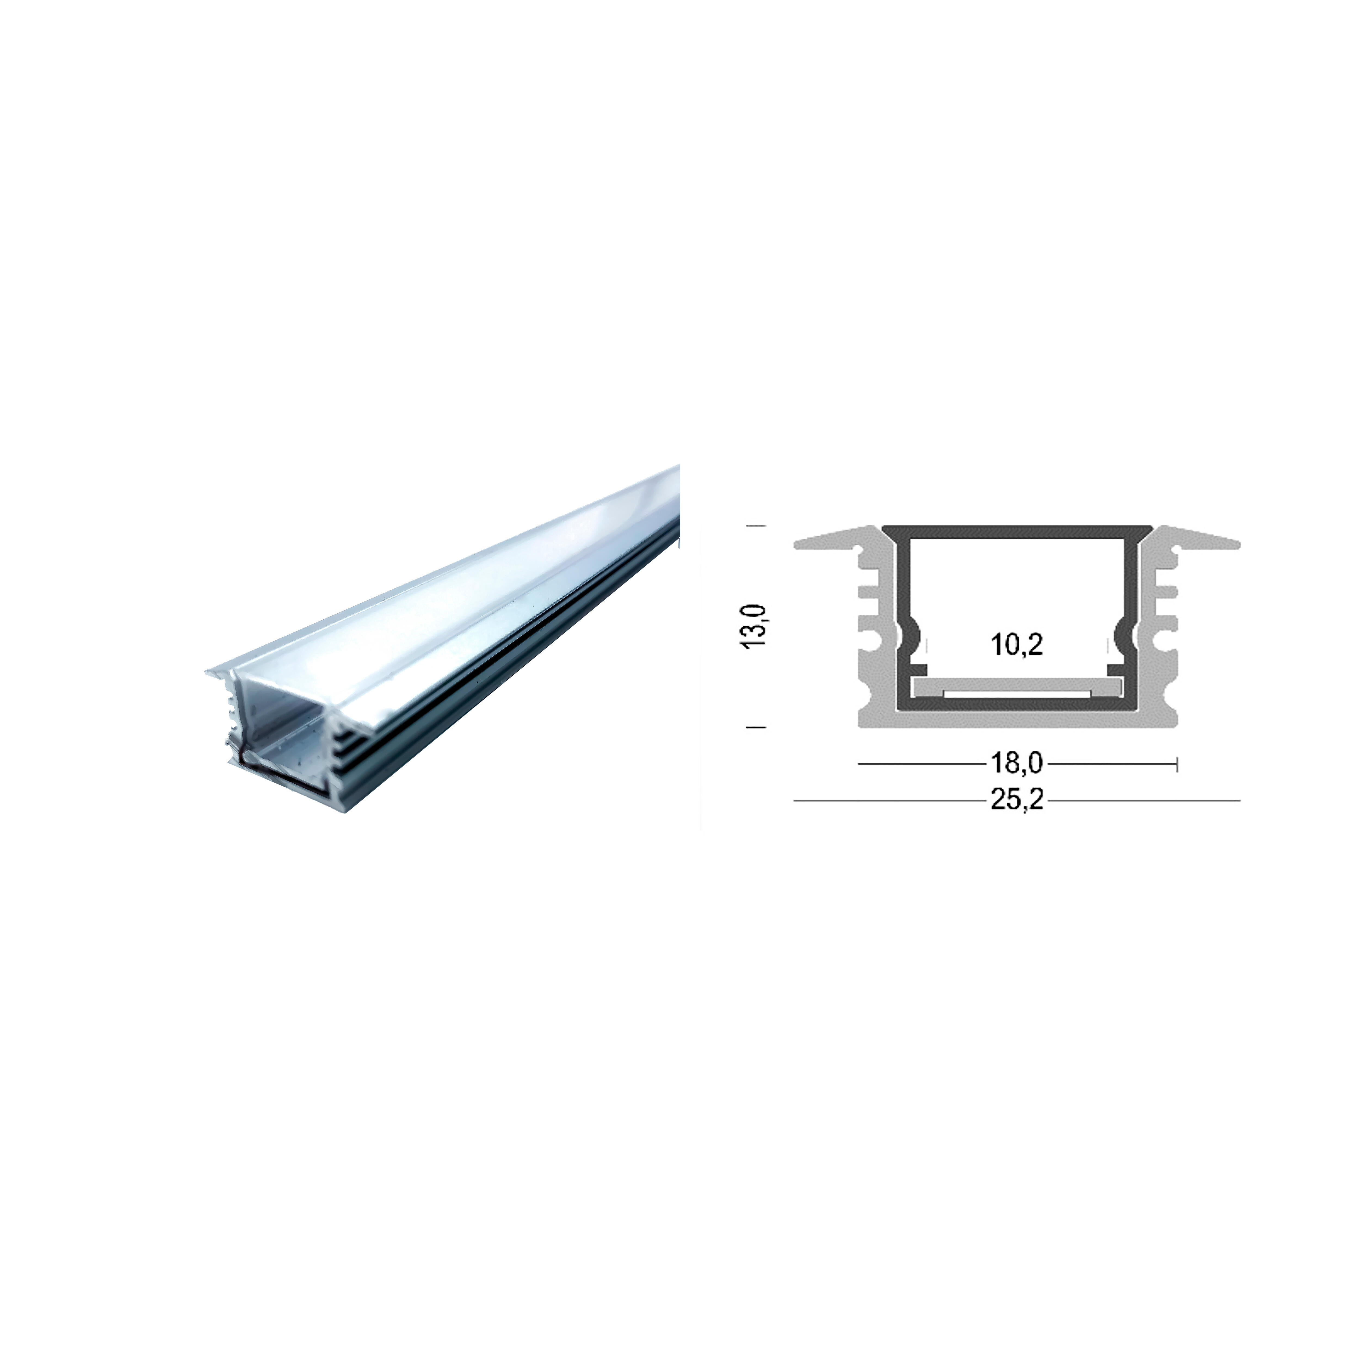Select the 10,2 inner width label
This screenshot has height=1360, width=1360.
pyautogui.click(x=1016, y=644)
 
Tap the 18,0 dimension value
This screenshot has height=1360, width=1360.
pyautogui.click(x=1016, y=762)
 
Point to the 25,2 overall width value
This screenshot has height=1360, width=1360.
pyautogui.click(x=1016, y=800)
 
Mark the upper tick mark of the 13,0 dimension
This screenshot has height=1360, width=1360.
pyautogui.click(x=755, y=525)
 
